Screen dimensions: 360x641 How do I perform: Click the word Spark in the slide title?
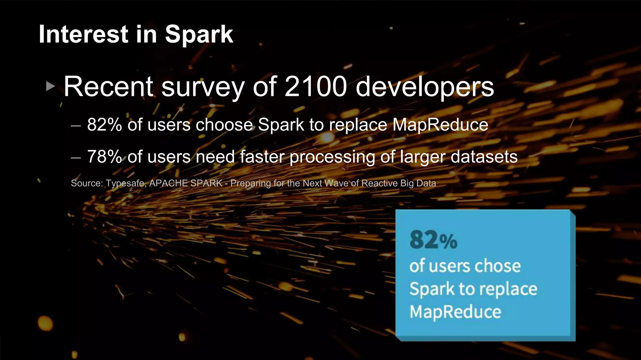[x=199, y=34]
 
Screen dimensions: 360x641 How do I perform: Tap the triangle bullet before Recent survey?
[x=50, y=86]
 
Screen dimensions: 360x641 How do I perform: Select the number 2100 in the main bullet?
[x=316, y=87]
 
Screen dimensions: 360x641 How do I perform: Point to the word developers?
[x=425, y=87]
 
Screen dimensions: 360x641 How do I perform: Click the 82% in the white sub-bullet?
[x=104, y=124]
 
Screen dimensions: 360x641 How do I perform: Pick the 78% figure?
[x=104, y=157]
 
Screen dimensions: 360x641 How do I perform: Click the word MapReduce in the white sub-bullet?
[x=440, y=125]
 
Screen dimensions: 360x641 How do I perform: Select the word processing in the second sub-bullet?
[x=332, y=157]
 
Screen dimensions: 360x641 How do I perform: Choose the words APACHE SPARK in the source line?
[x=186, y=183]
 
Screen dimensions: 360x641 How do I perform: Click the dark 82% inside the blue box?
[x=433, y=240]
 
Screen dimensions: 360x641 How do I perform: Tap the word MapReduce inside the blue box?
[x=455, y=312]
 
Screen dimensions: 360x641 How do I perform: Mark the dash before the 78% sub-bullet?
[x=76, y=158]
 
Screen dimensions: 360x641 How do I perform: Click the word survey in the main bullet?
[x=203, y=87]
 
